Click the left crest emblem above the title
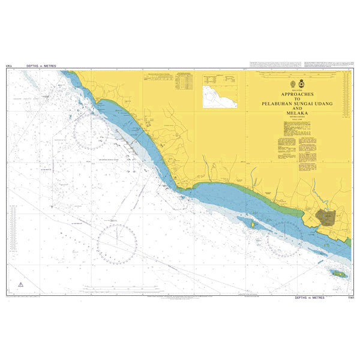292,85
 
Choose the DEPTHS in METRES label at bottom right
310,297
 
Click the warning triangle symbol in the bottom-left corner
20,284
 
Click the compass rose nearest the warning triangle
116,244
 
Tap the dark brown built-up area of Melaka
328,218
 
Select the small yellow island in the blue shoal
253,224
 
